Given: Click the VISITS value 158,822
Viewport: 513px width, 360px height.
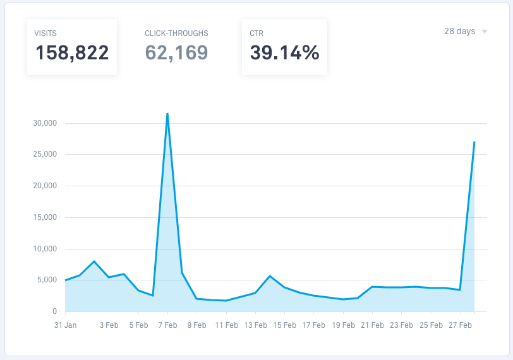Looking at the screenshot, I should tap(72, 52).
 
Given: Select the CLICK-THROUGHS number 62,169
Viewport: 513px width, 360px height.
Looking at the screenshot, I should tap(176, 52).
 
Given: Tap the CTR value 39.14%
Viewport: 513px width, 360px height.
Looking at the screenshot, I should tap(284, 52).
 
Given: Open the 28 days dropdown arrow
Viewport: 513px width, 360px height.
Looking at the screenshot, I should tap(485, 32).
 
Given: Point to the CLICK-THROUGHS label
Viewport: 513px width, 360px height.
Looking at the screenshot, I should tap(176, 33).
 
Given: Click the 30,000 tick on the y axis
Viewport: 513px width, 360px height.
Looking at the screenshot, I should tap(45, 123).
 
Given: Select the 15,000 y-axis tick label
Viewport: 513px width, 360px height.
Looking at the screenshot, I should tap(45, 217).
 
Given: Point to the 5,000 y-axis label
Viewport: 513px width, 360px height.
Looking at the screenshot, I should tap(47, 280).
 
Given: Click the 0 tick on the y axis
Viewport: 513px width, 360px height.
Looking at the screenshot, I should tap(54, 311).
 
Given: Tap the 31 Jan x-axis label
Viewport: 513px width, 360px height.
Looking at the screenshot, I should tap(65, 325).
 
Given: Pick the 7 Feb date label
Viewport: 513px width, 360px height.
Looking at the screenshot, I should tap(167, 325).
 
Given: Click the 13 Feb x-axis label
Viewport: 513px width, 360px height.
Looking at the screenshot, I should tap(255, 325).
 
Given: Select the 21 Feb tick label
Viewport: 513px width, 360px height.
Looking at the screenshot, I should tap(372, 325).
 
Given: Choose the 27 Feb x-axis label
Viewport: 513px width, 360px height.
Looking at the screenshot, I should tap(460, 325).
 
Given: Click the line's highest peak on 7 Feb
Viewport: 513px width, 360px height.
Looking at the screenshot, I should tap(167, 114).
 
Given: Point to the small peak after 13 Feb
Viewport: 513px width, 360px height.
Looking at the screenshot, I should tap(270, 276).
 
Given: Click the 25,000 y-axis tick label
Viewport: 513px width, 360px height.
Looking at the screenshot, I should tap(45, 155).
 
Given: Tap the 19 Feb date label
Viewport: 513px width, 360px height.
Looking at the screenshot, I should tap(343, 325).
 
